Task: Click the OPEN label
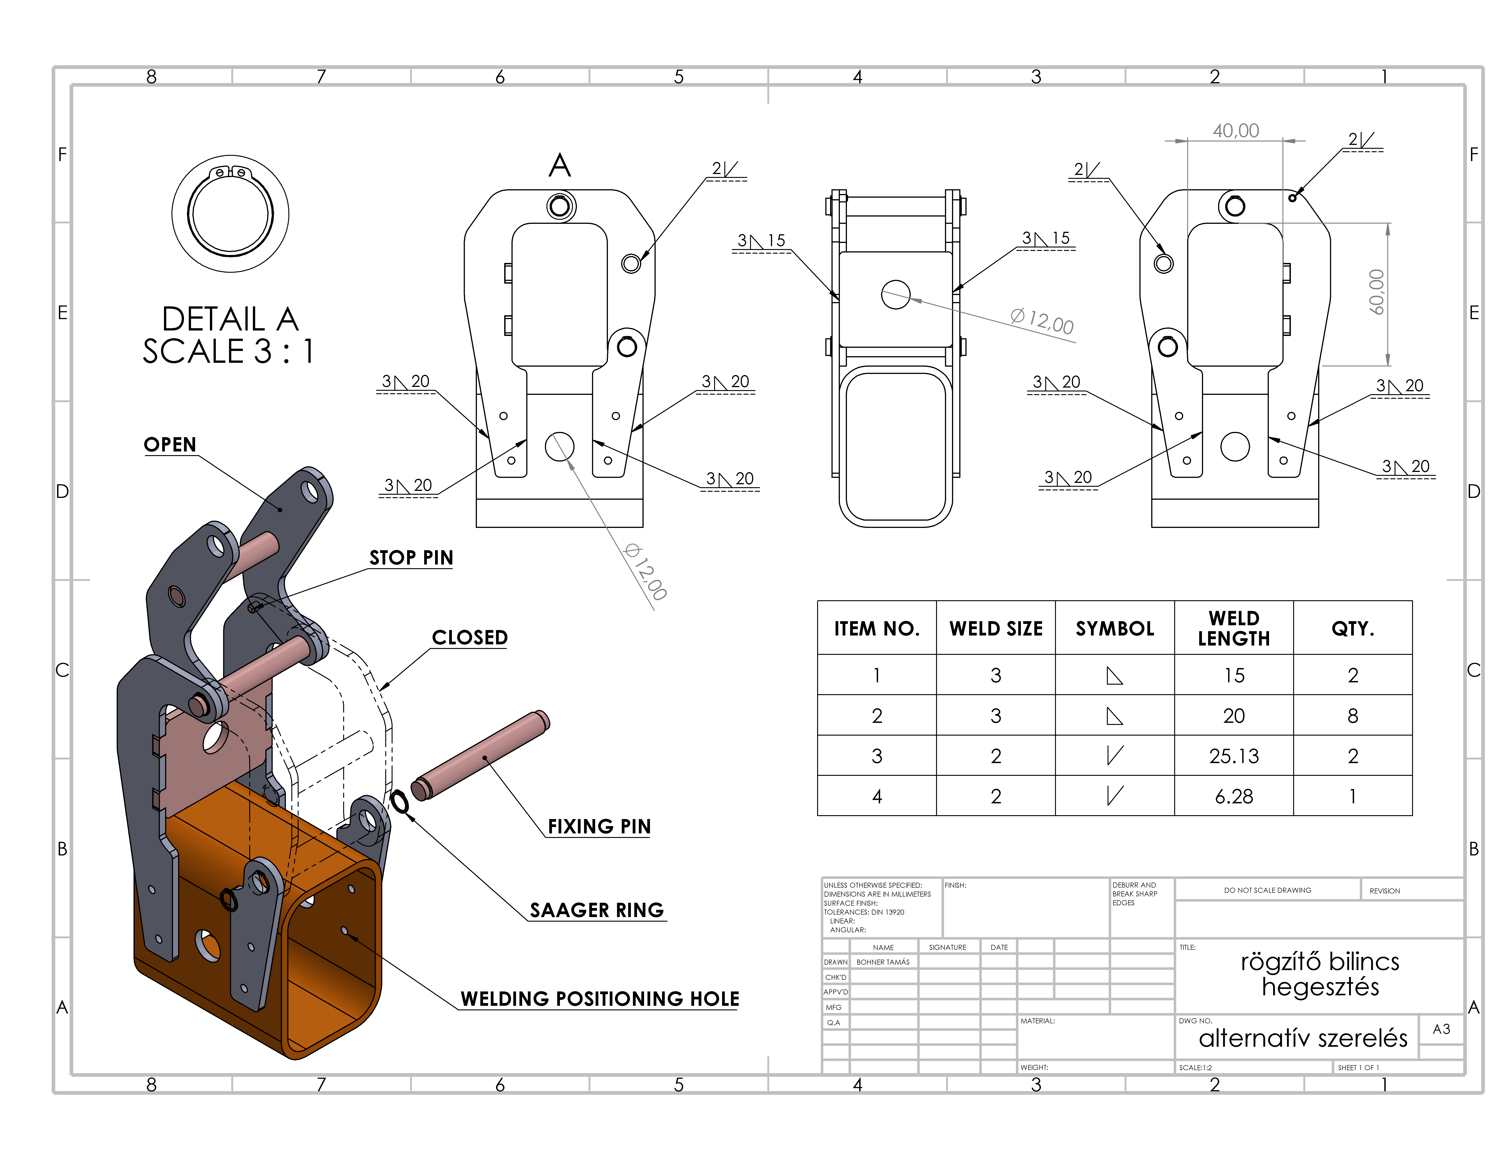tap(170, 445)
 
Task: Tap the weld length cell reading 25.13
tap(1234, 756)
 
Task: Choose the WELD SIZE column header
tap(996, 628)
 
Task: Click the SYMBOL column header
tap(1115, 628)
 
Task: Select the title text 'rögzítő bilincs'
tap(1320, 961)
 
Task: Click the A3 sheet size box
tap(1441, 1029)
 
